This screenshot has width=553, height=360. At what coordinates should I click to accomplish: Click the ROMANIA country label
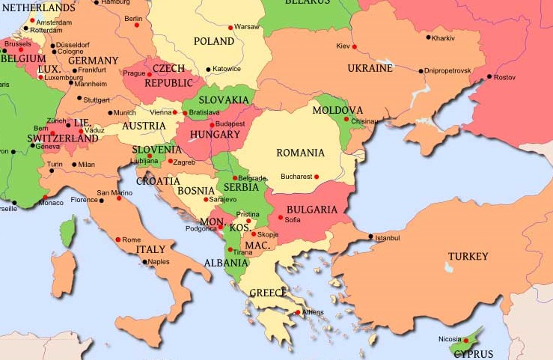(x=300, y=153)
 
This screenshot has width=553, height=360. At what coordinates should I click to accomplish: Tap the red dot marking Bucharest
(x=317, y=177)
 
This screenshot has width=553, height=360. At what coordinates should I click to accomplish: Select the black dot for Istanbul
(x=371, y=237)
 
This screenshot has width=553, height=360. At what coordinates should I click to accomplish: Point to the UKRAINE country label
(x=370, y=68)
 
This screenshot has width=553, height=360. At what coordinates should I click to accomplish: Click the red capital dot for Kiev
(x=354, y=46)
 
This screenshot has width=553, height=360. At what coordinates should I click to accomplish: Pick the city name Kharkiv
(x=443, y=37)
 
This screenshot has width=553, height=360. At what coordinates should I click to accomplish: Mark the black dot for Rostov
(x=489, y=76)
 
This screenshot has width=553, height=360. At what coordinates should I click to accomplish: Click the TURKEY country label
(x=468, y=257)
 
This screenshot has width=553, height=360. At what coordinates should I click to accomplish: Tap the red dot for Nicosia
(x=465, y=341)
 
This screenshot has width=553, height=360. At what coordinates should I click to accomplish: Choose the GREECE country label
(x=268, y=293)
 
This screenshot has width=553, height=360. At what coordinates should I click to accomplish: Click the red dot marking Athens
(x=297, y=312)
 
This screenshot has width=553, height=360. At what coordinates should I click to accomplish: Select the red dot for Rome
(x=117, y=240)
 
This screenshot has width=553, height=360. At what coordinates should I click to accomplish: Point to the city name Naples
(x=159, y=262)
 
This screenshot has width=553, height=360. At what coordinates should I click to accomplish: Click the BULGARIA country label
(x=312, y=210)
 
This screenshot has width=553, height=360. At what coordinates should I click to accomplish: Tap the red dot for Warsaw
(x=230, y=27)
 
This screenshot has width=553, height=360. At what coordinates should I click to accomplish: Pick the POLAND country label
(x=214, y=41)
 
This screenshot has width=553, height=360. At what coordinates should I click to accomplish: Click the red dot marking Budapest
(x=212, y=124)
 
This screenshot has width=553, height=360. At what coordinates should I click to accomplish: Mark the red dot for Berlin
(x=136, y=25)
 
